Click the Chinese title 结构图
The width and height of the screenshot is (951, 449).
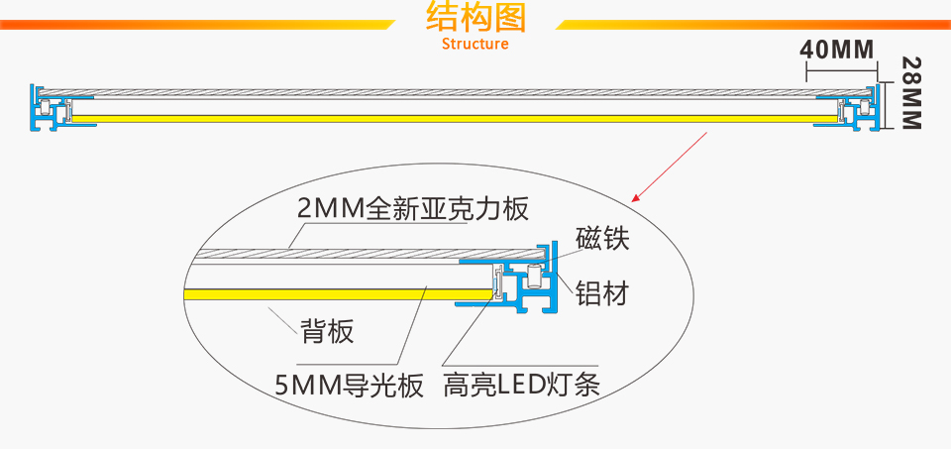[475, 18]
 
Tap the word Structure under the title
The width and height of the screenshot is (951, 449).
[475, 44]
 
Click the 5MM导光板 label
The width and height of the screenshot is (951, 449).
[349, 385]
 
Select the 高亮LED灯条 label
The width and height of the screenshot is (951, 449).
[522, 385]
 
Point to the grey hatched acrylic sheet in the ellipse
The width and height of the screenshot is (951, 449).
[327, 253]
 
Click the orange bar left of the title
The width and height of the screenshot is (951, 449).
[198, 25]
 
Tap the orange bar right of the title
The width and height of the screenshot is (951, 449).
[753, 25]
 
